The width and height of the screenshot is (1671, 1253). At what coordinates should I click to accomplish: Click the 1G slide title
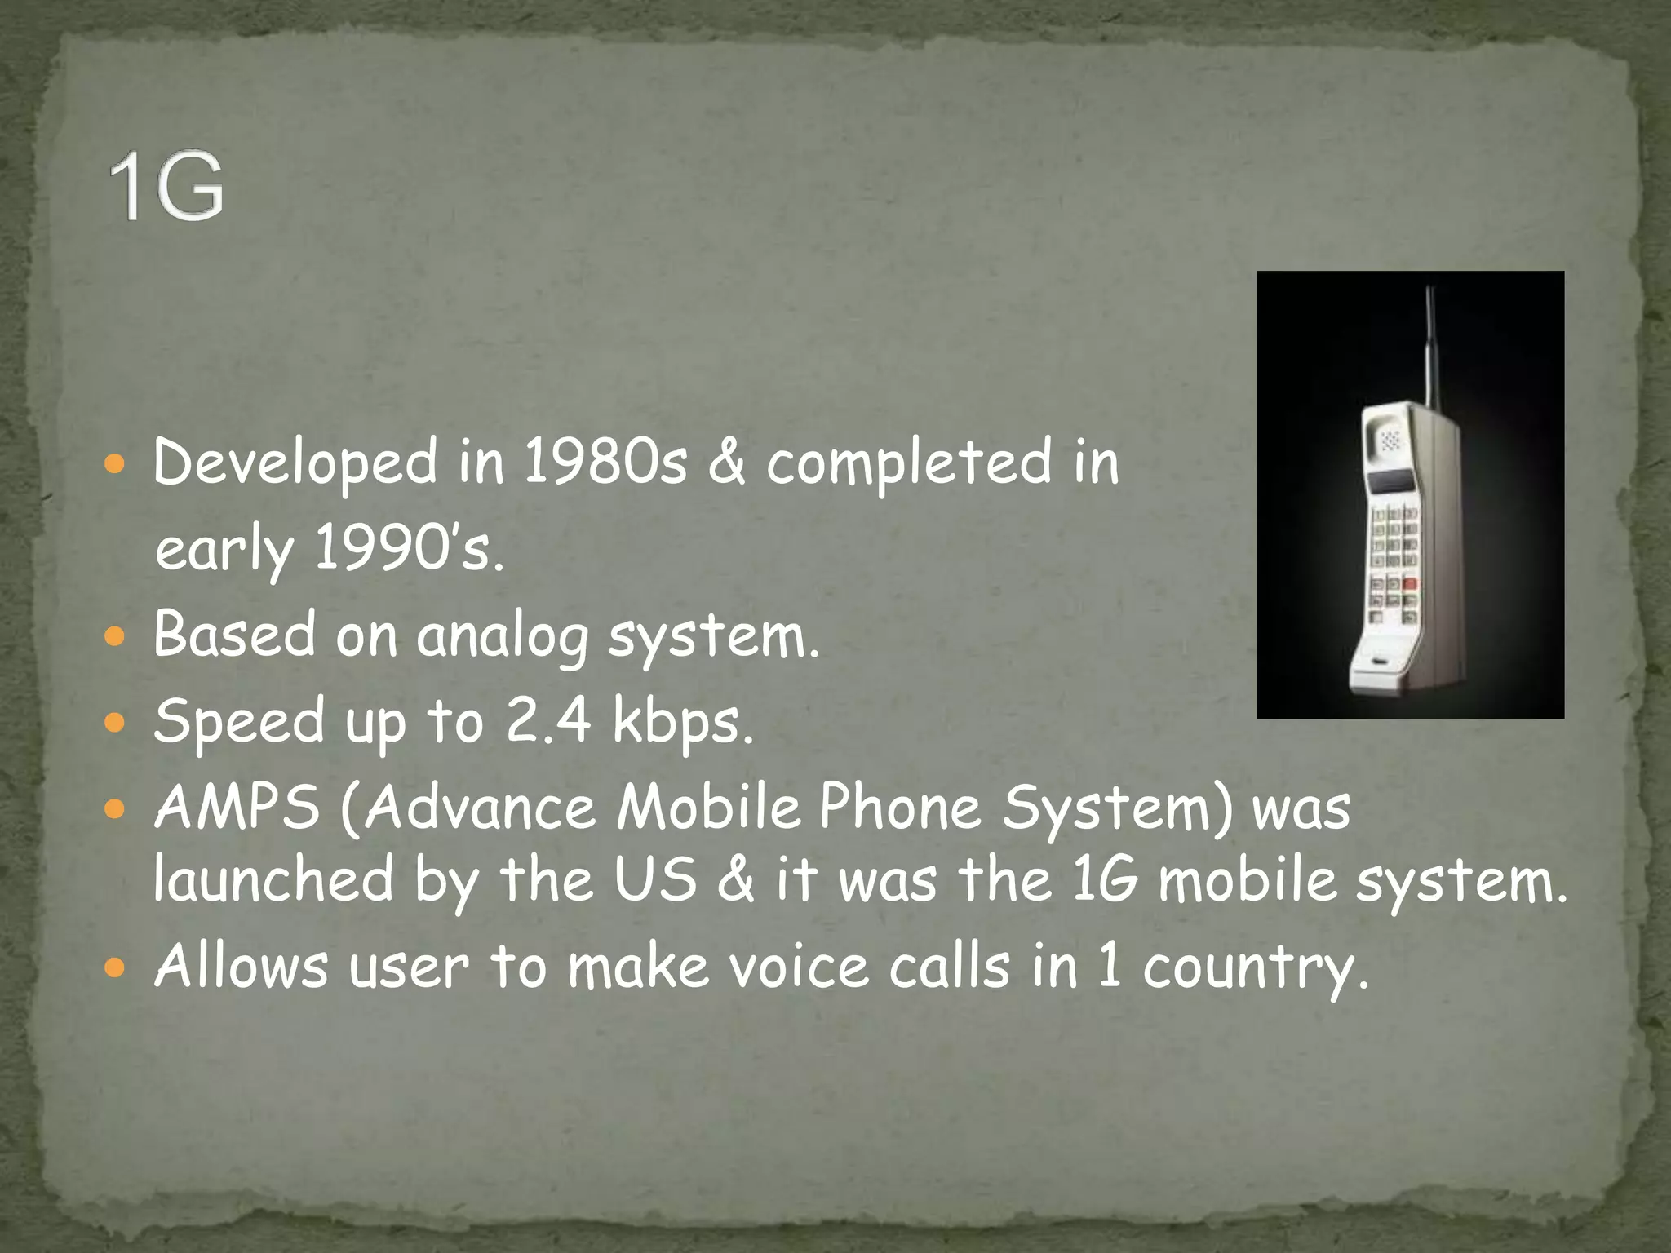166,187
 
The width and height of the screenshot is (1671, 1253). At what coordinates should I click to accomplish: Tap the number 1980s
605,462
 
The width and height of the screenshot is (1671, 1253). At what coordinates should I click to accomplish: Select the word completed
909,462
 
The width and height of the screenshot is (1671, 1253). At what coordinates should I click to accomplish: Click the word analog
502,636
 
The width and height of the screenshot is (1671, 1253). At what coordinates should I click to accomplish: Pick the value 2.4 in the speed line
547,721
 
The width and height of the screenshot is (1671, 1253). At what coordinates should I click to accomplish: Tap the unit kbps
682,723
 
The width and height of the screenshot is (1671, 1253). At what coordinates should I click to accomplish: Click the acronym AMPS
237,808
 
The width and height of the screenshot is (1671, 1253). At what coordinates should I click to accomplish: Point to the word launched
274,879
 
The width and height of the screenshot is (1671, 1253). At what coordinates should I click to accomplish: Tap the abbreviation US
655,879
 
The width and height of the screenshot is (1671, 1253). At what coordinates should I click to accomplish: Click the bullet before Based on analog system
115,635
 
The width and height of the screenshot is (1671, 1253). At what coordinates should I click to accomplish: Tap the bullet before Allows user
115,967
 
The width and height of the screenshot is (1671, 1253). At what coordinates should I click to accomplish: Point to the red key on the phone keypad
1409,584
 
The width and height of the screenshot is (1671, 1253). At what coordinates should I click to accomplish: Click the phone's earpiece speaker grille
1390,441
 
